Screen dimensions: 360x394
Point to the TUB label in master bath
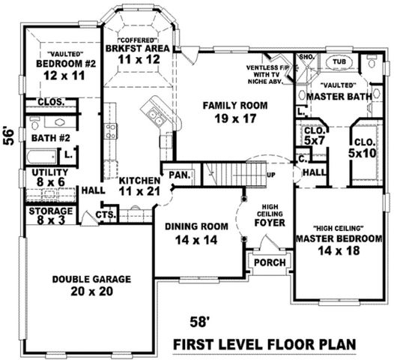pos(339,62)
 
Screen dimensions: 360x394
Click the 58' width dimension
pos(199,322)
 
